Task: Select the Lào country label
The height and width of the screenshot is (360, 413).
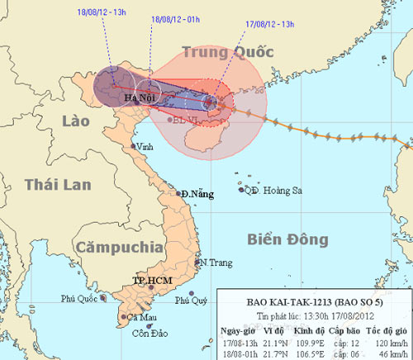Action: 76,122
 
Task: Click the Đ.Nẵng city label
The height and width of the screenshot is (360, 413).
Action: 197,194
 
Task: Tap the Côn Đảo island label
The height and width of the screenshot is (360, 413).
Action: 145,334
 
